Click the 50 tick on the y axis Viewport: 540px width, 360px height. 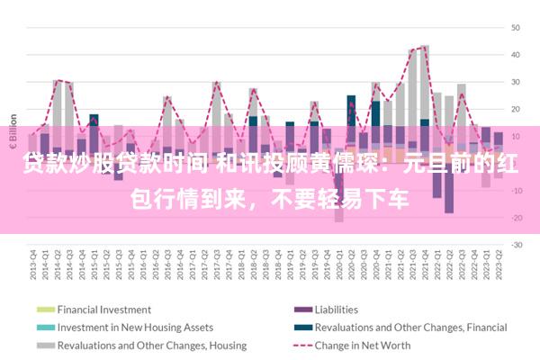(x=517, y=27)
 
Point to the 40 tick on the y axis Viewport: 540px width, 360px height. (x=517, y=54)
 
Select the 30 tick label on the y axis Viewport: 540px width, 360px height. (x=517, y=82)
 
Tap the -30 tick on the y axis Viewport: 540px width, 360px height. (x=517, y=245)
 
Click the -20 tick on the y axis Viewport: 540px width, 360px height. (x=517, y=218)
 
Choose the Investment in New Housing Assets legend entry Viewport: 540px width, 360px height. (x=135, y=328)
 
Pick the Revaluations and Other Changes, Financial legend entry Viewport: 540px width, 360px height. (x=405, y=328)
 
